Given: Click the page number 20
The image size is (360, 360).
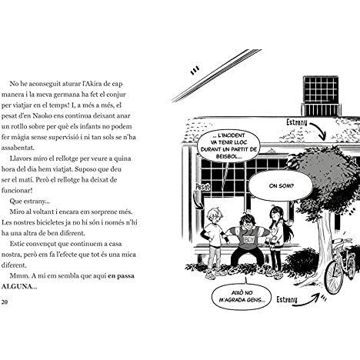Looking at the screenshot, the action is [5, 302].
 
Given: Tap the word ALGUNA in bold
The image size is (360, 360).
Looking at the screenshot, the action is [16, 286].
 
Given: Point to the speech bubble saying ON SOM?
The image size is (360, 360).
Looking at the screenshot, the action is [282, 185].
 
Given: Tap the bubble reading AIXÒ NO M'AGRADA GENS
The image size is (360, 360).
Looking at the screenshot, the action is [242, 296].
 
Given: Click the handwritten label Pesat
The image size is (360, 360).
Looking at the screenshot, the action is [202, 186].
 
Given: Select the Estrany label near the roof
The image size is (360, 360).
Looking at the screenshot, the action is [296, 122].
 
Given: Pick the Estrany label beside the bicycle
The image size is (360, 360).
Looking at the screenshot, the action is [287, 299].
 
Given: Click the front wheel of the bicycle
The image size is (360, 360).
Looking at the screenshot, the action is [334, 278].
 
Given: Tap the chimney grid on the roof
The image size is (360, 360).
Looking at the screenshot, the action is [321, 89].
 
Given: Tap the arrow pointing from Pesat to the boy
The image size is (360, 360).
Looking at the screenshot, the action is [198, 201].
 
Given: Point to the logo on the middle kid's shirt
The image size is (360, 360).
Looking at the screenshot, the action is [248, 240].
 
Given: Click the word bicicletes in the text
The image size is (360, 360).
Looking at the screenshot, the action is [49, 222].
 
